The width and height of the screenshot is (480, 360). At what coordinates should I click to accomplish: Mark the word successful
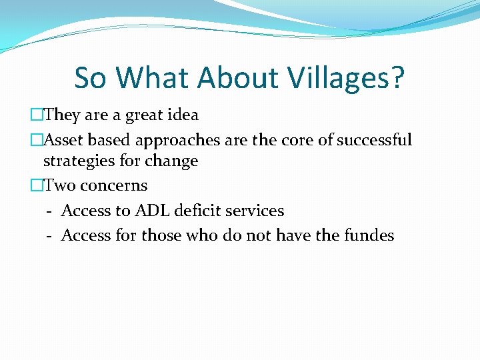click(375, 140)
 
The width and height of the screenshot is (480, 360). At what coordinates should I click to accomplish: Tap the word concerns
click(113, 185)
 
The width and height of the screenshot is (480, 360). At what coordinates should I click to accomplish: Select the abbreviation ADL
click(152, 211)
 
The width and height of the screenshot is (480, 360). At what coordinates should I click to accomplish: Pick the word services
click(255, 211)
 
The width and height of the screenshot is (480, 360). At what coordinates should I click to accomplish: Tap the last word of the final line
click(369, 235)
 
